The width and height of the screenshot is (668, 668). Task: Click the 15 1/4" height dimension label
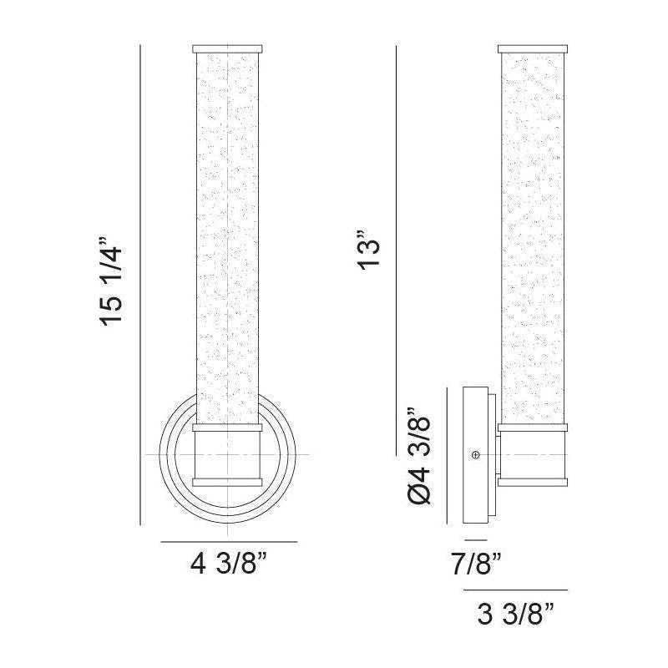(112, 281)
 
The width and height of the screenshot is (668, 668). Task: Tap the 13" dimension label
(368, 251)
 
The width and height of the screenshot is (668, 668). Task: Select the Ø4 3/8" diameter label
(419, 456)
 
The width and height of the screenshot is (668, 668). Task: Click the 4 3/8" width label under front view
(229, 564)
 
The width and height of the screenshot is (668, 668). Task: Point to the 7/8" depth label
(476, 564)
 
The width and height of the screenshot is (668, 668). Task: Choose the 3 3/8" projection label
(515, 614)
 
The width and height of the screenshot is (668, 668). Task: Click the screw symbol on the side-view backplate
(476, 455)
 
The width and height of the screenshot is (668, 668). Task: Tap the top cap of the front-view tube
(227, 48)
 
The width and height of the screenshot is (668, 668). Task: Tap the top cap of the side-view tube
(533, 48)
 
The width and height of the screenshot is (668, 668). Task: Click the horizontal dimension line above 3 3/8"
(515, 590)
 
